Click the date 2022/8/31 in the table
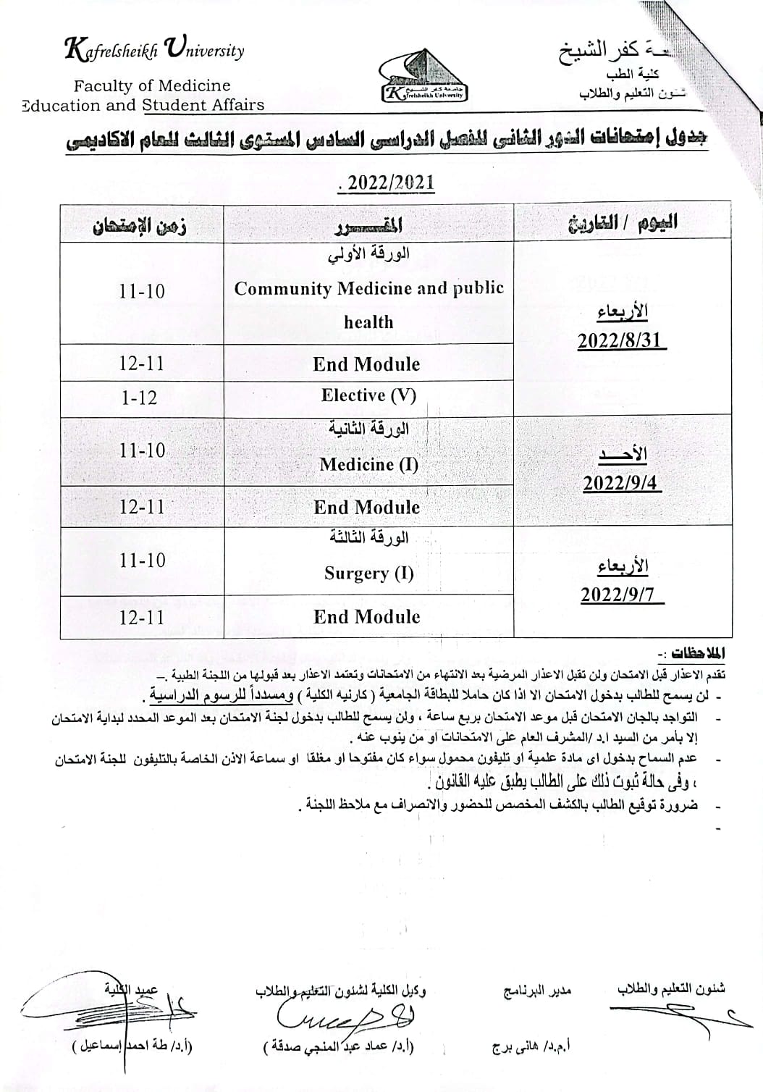pyautogui.click(x=620, y=340)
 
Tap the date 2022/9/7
pyautogui.click(x=621, y=595)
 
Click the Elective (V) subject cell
pyautogui.click(x=368, y=395)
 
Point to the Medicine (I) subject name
pyautogui.click(x=368, y=464)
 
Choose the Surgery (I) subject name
pyautogui.click(x=368, y=574)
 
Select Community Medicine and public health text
pyautogui.click(x=368, y=304)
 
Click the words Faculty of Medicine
pyautogui.click(x=152, y=85)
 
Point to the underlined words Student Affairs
pyautogui.click(x=203, y=105)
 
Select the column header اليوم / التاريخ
pyautogui.click(x=622, y=222)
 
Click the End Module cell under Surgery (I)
pyautogui.click(x=366, y=617)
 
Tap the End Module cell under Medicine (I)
pyautogui.click(x=366, y=508)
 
